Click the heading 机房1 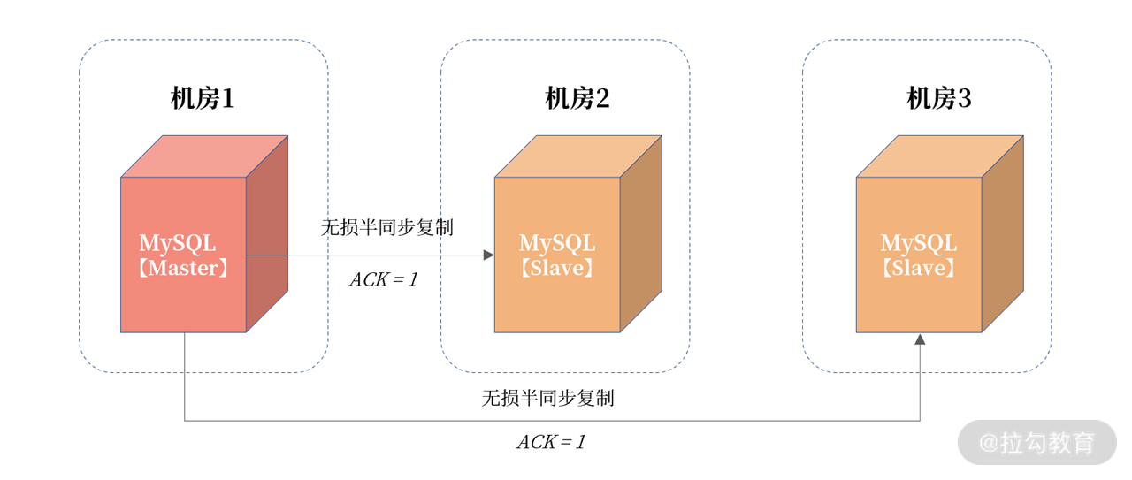[203, 99]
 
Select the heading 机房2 [577, 99]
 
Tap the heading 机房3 [939, 99]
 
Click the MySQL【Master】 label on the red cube [183, 255]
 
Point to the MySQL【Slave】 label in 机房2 [557, 255]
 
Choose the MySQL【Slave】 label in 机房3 [919, 255]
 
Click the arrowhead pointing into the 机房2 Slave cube [489, 255]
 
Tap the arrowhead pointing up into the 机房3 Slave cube [920, 339]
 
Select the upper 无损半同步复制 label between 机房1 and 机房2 [386, 227]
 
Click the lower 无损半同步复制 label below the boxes [547, 398]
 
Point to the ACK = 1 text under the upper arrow [383, 280]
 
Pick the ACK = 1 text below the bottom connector [551, 442]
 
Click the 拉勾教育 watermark [1036, 442]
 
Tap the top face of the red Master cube [204, 156]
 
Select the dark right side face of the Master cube [267, 234]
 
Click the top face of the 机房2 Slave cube [578, 156]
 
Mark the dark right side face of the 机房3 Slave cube [1003, 234]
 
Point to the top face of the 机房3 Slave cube [940, 156]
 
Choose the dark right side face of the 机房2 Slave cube [641, 234]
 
